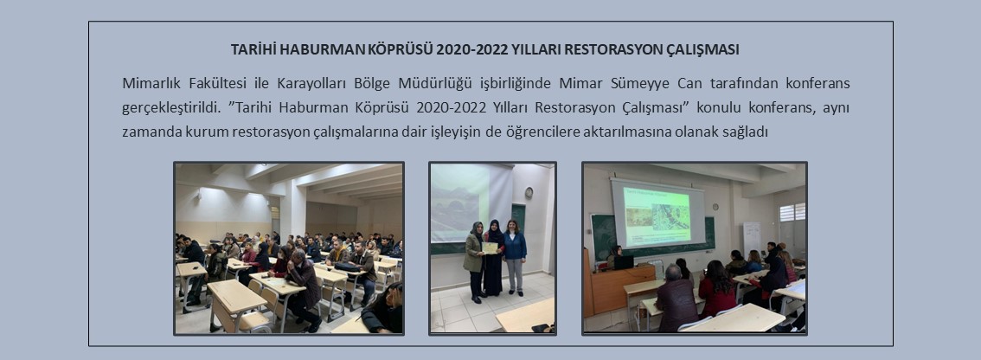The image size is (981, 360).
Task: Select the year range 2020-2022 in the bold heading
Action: pos(465,49)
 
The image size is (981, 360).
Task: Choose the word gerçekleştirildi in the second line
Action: pos(170,107)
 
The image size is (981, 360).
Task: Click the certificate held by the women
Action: pos(490,247)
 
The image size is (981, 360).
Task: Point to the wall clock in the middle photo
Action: pos(529,192)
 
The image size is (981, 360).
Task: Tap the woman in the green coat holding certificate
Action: pos(475,260)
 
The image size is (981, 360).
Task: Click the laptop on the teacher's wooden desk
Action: pos(624,262)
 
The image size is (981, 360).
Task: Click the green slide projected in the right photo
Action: pos(657,216)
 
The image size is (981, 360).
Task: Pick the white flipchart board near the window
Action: pos(752,236)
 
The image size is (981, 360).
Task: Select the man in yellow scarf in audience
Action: pos(337,252)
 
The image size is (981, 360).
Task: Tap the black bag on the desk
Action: pos(348,267)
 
